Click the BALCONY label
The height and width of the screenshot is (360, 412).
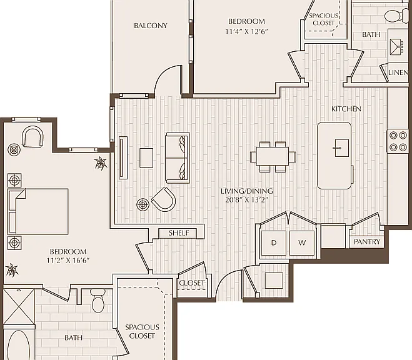pyautogui.click(x=151, y=26)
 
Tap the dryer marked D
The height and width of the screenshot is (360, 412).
pyautogui.click(x=274, y=243)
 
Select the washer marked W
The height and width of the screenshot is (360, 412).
pyautogui.click(x=302, y=243)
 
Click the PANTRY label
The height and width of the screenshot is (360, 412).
pyautogui.click(x=367, y=242)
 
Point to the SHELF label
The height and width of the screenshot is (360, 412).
pyautogui.click(x=179, y=233)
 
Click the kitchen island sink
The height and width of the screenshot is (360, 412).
pyautogui.click(x=342, y=148)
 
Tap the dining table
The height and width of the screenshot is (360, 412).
pyautogui.click(x=273, y=157)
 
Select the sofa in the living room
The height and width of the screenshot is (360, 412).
pyautogui.click(x=178, y=157)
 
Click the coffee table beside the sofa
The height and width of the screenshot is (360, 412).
pyautogui.click(x=146, y=157)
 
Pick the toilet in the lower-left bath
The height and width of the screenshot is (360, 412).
pyautogui.click(x=98, y=301)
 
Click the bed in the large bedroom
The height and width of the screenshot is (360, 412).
pyautogui.click(x=38, y=211)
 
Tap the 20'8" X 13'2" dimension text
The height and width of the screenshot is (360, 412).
pyautogui.click(x=246, y=200)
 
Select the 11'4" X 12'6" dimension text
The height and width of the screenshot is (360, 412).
pyautogui.click(x=246, y=31)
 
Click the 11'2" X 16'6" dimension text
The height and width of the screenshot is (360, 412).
pyautogui.click(x=68, y=261)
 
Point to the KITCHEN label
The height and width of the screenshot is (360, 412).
pyautogui.click(x=346, y=109)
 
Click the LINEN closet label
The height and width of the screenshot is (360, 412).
pyautogui.click(x=398, y=72)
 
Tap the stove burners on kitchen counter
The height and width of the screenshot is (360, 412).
pyautogui.click(x=398, y=141)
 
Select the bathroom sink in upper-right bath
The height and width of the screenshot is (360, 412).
pyautogui.click(x=396, y=46)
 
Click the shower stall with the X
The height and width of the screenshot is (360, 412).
pyautogui.click(x=19, y=306)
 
